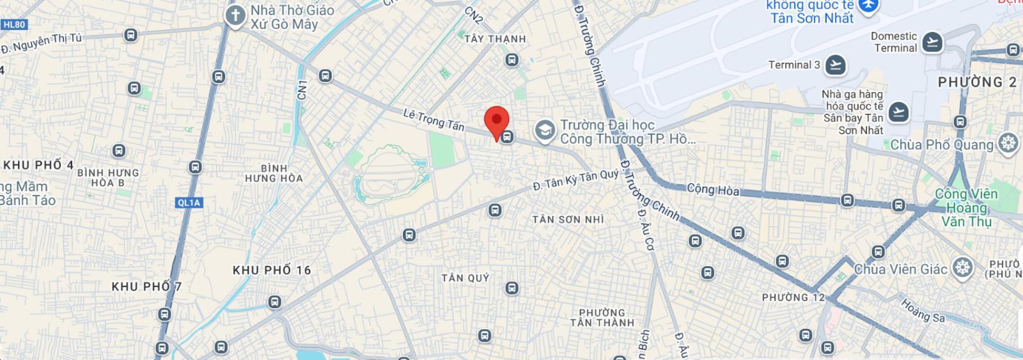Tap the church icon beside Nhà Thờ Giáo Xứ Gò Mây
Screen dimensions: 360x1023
[236, 17]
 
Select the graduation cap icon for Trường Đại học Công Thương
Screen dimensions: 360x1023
[545, 130]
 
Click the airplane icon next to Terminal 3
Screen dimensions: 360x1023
[835, 65]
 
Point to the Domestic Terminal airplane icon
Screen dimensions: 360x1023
[932, 42]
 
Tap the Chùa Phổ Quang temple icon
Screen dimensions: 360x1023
[1008, 143]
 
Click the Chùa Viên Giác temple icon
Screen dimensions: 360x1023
[962, 268]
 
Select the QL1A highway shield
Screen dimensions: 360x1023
[189, 203]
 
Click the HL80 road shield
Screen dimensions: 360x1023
[13, 25]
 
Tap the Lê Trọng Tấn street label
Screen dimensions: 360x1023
[433, 120]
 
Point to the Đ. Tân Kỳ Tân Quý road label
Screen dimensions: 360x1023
[576, 180]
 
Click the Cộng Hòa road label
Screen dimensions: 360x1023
[713, 189]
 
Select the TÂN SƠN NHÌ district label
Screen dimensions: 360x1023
[568, 219]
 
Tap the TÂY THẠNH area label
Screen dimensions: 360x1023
[495, 39]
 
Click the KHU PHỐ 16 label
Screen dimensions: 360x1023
[272, 270]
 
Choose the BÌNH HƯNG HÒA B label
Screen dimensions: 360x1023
[107, 178]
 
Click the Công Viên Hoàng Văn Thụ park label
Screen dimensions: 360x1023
[966, 207]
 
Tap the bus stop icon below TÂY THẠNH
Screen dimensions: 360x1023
[511, 60]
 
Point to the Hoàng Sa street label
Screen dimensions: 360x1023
[922, 311]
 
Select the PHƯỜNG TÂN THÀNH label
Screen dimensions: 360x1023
[602, 318]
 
